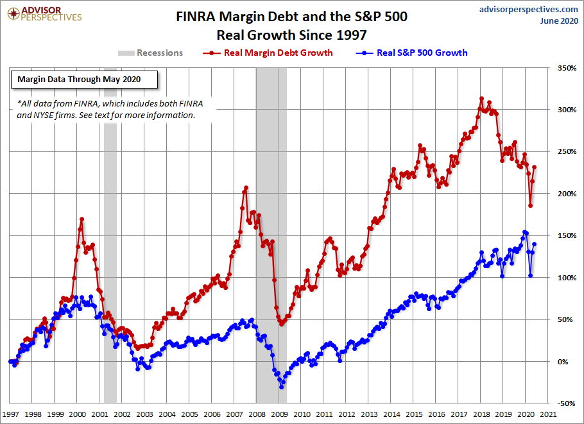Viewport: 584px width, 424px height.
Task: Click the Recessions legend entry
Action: click(x=151, y=53)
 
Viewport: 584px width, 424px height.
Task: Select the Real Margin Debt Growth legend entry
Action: click(x=270, y=53)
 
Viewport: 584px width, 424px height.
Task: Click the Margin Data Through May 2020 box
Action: click(x=83, y=80)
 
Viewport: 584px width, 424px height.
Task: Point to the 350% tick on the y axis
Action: click(x=565, y=68)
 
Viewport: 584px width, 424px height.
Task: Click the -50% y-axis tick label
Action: click(x=565, y=403)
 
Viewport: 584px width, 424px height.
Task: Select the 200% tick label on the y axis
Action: click(x=565, y=194)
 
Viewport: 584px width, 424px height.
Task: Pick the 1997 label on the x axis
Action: click(x=10, y=415)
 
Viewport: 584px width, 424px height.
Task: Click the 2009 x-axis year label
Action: click(x=279, y=415)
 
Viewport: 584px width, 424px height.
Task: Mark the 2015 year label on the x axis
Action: click(x=413, y=415)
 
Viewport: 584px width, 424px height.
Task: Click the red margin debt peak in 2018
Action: click(x=481, y=99)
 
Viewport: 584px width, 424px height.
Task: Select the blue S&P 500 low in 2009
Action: click(x=281, y=387)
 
